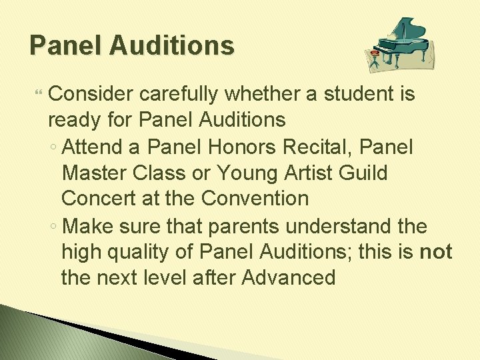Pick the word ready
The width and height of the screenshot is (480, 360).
coord(73,121)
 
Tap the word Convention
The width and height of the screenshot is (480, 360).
coord(255,199)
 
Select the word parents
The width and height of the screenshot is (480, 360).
coord(246,226)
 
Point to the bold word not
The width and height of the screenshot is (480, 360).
coord(436,252)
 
